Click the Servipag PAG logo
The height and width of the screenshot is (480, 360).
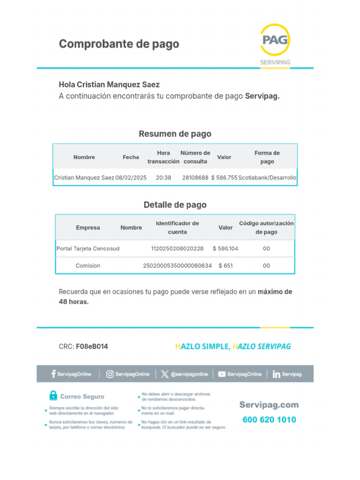275,41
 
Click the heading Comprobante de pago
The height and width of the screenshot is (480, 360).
119,44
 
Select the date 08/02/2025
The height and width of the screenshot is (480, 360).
131,178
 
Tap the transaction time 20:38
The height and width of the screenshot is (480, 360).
164,178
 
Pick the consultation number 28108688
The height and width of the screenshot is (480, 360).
195,178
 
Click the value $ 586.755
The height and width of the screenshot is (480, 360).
224,178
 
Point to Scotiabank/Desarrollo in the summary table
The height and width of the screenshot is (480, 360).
268,178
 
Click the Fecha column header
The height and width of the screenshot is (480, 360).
131,157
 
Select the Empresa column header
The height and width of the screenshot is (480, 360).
88,227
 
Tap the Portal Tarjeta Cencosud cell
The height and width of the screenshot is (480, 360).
88,248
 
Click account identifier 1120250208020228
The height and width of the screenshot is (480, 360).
177,248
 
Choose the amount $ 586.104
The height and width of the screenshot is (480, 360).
225,248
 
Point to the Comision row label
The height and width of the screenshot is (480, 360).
88,265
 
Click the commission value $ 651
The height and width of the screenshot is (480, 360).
225,265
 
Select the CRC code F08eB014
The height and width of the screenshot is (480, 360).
92,346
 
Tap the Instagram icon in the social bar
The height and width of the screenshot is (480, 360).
110,374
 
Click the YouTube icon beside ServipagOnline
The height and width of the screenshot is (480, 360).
222,374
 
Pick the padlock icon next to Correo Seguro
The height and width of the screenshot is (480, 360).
53,396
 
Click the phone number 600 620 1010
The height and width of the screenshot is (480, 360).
269,420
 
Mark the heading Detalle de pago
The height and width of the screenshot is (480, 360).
175,205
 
